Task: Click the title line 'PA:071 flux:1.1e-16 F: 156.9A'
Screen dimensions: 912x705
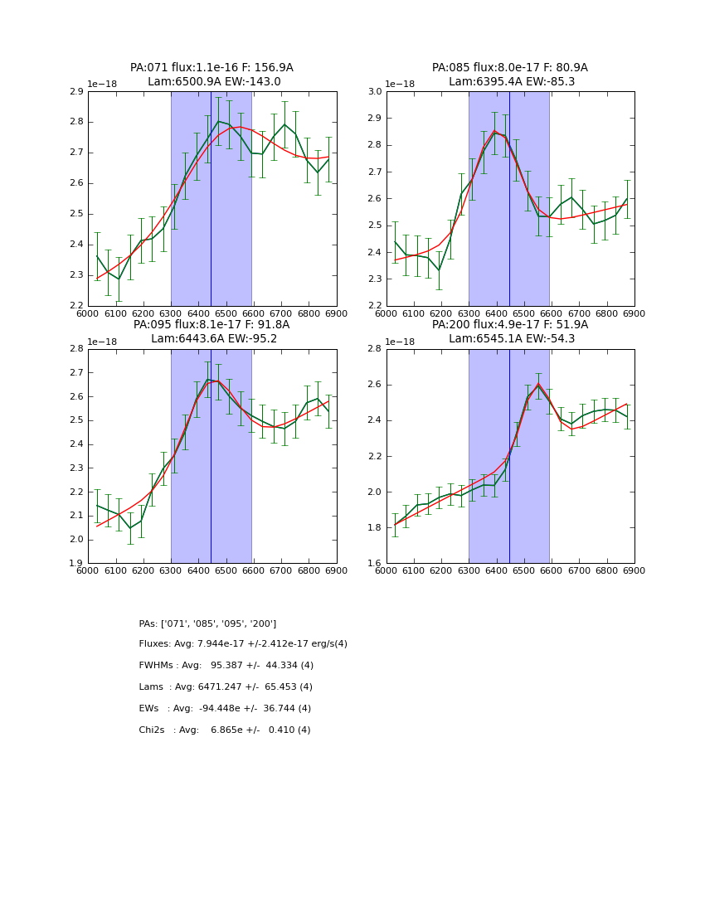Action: point(211,68)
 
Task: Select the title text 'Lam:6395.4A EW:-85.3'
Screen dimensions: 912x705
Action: point(510,82)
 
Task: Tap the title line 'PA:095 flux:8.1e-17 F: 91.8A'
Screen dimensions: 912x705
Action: point(211,325)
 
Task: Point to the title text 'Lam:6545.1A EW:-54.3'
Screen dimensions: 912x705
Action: point(510,339)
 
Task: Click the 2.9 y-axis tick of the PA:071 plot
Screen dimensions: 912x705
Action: point(75,91)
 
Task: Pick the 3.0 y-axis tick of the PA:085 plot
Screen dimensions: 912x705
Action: point(374,91)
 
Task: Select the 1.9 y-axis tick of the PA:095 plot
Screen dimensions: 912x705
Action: point(75,564)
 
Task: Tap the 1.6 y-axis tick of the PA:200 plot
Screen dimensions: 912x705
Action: point(374,564)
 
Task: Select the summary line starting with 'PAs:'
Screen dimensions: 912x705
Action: point(207,623)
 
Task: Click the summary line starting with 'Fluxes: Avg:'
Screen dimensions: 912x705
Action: point(243,644)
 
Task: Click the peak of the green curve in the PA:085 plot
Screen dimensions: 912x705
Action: point(495,131)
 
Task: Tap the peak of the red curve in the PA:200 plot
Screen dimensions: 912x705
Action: point(538,384)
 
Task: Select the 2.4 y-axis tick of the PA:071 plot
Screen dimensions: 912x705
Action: point(75,245)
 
